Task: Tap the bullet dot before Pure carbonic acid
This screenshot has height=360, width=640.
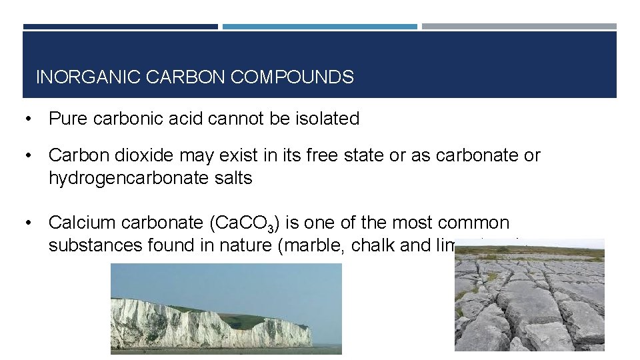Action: point(28,119)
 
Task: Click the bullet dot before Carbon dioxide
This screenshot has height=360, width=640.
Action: point(28,156)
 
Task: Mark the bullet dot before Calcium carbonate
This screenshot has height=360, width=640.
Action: point(28,223)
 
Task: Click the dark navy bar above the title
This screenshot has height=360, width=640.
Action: point(120,27)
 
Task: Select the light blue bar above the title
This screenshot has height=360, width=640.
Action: point(319,27)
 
